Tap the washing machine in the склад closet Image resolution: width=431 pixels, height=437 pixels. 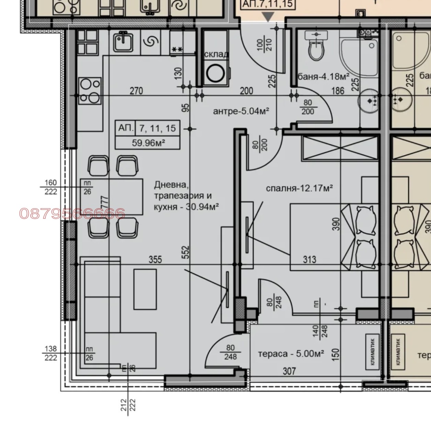[x=215, y=73]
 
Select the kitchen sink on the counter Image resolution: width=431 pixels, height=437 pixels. [x=123, y=42]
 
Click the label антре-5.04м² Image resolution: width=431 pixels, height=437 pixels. [x=241, y=111]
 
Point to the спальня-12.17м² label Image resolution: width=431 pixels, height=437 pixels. [x=299, y=188]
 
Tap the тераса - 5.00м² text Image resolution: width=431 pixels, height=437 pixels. [x=291, y=354]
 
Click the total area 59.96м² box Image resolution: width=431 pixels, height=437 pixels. [x=148, y=142]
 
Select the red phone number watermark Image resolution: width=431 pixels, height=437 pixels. [x=72, y=214]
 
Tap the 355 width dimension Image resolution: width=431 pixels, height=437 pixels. [x=155, y=259]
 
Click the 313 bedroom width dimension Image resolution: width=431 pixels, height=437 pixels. [x=309, y=259]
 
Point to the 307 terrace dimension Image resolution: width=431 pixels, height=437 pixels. [x=289, y=371]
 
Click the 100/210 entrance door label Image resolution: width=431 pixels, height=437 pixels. [x=264, y=44]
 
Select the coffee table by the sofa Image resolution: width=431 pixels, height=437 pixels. [x=145, y=289]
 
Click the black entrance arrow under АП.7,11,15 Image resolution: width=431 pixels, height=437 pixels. [x=268, y=16]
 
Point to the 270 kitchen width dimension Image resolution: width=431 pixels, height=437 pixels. [x=136, y=91]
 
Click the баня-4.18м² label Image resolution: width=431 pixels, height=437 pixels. [x=323, y=76]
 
